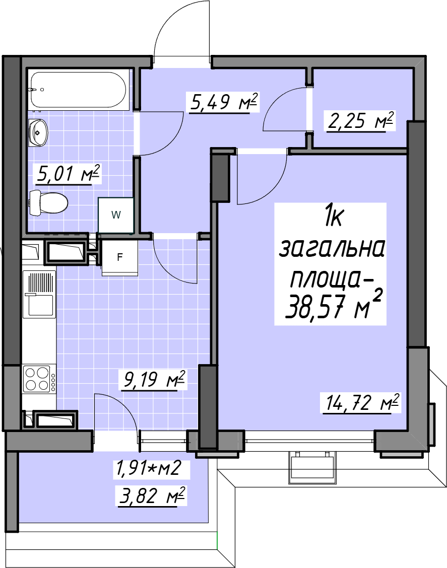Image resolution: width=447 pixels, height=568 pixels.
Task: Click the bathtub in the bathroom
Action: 79,90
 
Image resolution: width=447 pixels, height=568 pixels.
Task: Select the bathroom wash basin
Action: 38,132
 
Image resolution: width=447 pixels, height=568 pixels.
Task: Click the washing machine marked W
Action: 116,215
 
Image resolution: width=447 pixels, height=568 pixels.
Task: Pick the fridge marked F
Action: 119,257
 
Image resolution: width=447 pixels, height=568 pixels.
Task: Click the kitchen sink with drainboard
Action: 39,294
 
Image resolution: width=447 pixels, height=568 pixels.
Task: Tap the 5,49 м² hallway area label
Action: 223,103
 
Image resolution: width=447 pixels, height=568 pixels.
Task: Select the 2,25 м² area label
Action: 360,121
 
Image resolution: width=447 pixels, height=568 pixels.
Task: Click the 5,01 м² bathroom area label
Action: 68,174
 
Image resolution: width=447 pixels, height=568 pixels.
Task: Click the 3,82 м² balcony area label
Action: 152,496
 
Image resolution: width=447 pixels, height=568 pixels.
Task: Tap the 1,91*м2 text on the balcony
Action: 148,468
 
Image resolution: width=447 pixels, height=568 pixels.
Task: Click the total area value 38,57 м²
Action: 334,305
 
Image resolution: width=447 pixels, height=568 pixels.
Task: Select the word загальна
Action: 332,249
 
